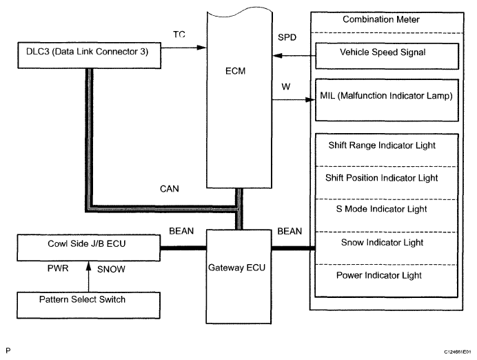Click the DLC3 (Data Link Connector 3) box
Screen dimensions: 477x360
click(x=89, y=55)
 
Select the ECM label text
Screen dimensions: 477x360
click(x=235, y=71)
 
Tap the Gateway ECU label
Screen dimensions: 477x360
click(x=236, y=268)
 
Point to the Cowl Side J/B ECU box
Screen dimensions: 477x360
click(x=88, y=248)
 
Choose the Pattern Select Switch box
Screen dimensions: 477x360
click(x=88, y=306)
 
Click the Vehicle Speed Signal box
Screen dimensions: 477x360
click(x=387, y=56)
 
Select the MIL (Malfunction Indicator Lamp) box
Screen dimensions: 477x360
click(x=387, y=100)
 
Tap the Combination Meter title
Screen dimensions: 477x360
click(x=381, y=19)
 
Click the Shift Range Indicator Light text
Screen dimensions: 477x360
click(x=382, y=146)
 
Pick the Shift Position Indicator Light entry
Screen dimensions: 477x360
click(x=381, y=178)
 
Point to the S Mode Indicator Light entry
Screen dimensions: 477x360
click(x=381, y=209)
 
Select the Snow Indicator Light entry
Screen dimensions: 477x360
click(x=382, y=243)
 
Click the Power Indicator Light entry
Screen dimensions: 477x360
click(x=378, y=275)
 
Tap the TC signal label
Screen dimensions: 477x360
click(x=179, y=34)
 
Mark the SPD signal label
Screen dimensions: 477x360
click(x=287, y=37)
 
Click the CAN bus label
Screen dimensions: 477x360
click(x=170, y=189)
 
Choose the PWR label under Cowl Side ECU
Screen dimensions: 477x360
click(x=58, y=268)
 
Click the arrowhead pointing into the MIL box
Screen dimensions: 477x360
click(x=311, y=100)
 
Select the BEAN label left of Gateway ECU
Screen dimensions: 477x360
click(x=181, y=231)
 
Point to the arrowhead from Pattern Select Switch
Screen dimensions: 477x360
click(x=88, y=266)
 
